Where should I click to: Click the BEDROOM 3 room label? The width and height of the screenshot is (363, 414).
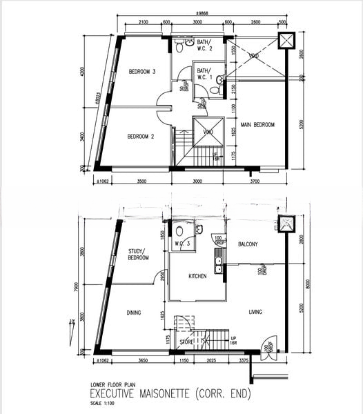(x=141, y=72)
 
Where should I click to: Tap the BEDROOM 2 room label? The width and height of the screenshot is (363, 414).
(x=140, y=137)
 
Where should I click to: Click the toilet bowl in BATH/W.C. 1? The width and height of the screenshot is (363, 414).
(x=214, y=90)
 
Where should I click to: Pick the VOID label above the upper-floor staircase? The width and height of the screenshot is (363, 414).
(x=208, y=132)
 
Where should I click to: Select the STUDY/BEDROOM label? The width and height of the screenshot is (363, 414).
(x=139, y=255)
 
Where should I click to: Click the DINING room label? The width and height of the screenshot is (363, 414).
(x=134, y=313)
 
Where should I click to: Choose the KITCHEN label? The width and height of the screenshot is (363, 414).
(x=198, y=276)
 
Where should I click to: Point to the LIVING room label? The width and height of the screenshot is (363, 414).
(x=255, y=312)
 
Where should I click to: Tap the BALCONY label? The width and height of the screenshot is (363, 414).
(x=248, y=244)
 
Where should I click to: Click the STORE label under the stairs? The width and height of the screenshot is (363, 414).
(x=186, y=341)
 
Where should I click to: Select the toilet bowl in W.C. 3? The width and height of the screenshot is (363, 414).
(x=179, y=231)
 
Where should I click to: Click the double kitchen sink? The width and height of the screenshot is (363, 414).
(x=218, y=260)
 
